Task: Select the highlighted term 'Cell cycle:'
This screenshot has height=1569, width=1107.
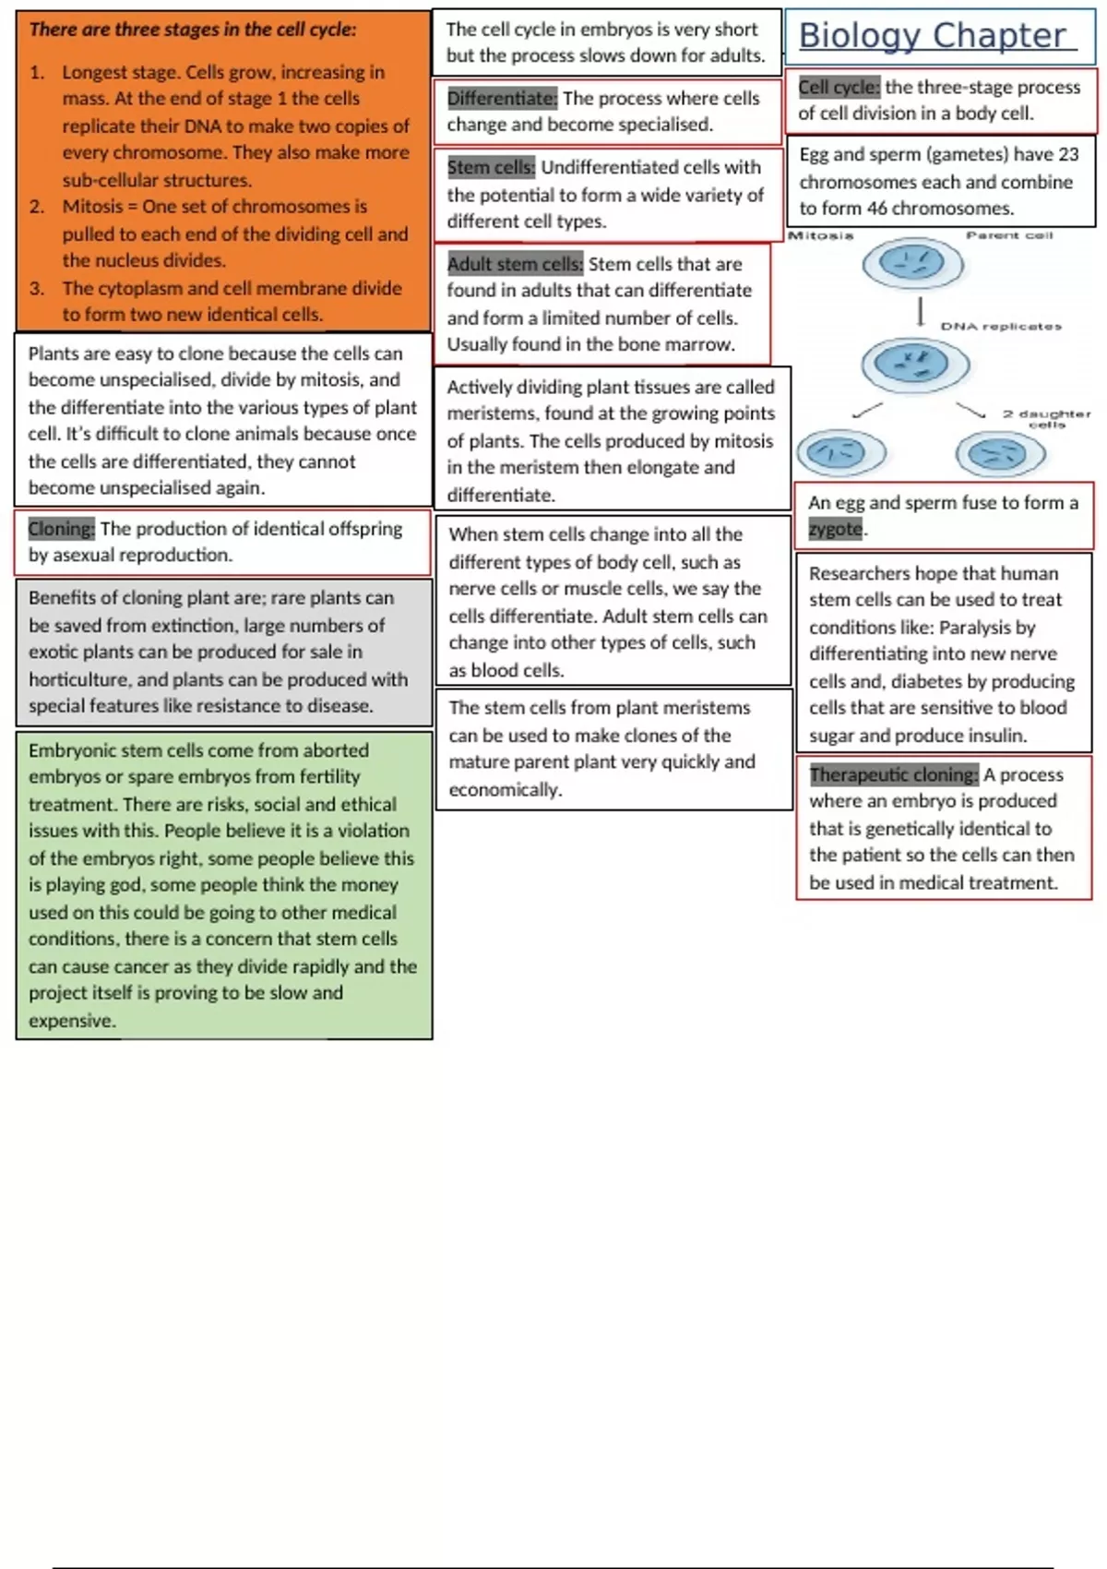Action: coord(839,88)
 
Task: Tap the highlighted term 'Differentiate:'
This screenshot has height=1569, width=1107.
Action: coord(502,98)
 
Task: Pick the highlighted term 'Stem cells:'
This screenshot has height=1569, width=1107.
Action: coord(491,167)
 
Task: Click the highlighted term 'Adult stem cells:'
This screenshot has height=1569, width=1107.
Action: coord(515,264)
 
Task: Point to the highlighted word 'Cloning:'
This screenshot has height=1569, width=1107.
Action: coord(61,529)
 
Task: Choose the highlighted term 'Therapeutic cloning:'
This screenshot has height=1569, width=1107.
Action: coord(893,774)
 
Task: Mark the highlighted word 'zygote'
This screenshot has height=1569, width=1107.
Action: coord(836,529)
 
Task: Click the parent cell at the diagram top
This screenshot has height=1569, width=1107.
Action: coord(912,265)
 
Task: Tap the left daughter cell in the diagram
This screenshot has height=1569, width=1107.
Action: coord(840,453)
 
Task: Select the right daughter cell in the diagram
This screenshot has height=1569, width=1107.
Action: coord(1000,454)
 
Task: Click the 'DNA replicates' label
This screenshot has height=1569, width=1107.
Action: coord(1001,327)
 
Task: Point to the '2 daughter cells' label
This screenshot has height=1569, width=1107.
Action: coord(1046,419)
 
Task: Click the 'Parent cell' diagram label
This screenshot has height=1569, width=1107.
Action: coord(1008,235)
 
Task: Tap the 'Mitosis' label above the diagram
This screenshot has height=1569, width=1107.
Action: coord(820,235)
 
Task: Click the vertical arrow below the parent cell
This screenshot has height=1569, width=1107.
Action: coord(920,312)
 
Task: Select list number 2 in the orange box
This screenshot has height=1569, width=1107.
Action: coord(36,207)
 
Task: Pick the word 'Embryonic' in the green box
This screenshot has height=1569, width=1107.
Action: coord(72,750)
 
